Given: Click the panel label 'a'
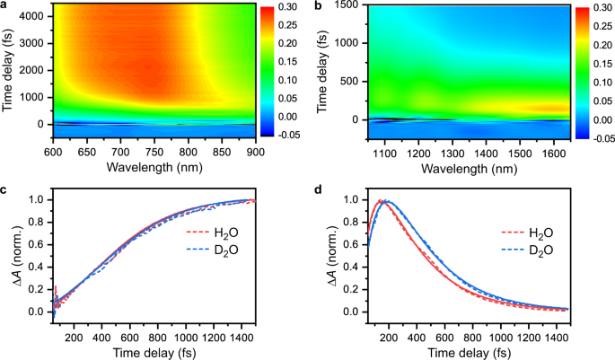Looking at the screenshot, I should click(x=4, y=6).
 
